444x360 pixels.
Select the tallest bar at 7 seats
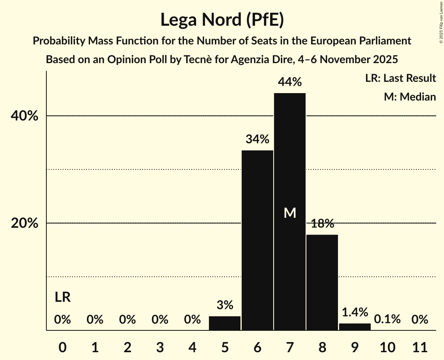point(290,164)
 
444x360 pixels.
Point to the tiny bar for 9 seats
point(355,327)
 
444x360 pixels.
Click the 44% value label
point(290,82)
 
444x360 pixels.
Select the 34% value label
point(257,139)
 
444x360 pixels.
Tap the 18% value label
point(322,224)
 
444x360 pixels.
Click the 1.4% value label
point(355,312)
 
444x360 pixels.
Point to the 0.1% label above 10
point(387,319)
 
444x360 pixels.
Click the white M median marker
point(290,213)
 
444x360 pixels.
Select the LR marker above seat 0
point(62,298)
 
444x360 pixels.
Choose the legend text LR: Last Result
point(400,78)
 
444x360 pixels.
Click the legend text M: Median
point(410,97)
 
